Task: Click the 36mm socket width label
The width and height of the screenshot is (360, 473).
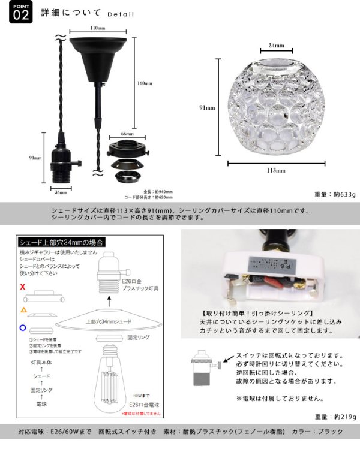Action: point(59,193)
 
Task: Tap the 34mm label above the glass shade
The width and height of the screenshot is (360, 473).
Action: point(276,45)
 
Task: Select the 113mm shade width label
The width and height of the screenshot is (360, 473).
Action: point(277,170)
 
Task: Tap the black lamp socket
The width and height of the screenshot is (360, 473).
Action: point(60,162)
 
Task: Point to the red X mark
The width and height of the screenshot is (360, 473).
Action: point(23,288)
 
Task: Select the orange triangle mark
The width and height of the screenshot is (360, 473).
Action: point(23,309)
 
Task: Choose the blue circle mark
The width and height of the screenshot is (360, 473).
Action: point(23,328)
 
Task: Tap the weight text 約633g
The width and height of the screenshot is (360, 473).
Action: point(335,195)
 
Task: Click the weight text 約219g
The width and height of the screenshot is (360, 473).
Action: point(335,416)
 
